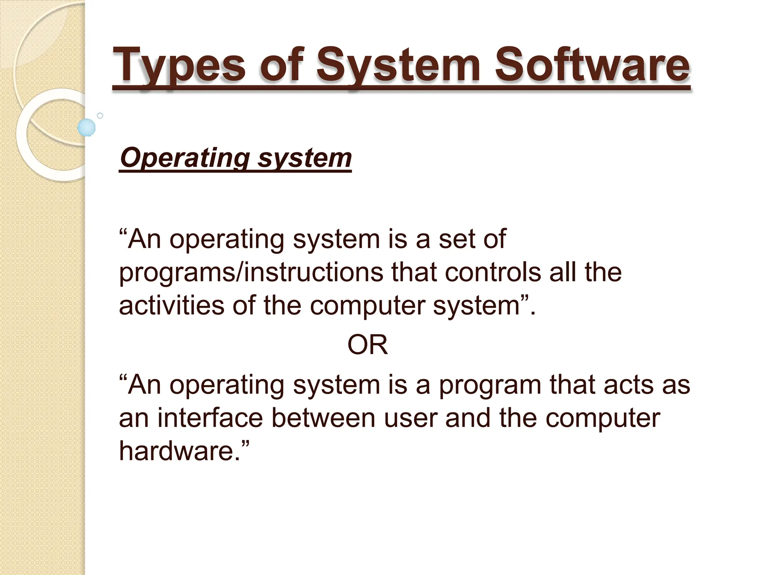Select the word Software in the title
coord(592,66)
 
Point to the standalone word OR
coord(367,345)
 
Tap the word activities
coord(171,305)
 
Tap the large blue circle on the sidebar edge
coord(87,128)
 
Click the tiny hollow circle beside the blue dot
coord(100,116)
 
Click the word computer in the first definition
coord(367,306)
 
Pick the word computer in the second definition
coord(603,419)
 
